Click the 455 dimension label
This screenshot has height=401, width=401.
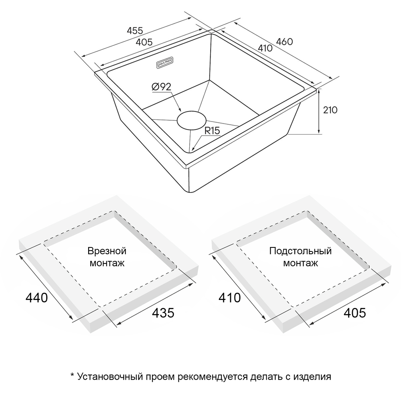(135, 31)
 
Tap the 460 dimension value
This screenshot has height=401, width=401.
(284, 41)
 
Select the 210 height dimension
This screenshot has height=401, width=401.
(330, 110)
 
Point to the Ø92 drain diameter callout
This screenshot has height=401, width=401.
(161, 87)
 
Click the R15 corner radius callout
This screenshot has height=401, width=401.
(212, 131)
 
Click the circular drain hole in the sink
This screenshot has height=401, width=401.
(192, 120)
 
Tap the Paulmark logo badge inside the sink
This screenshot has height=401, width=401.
(165, 63)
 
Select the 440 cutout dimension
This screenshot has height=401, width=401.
(36, 298)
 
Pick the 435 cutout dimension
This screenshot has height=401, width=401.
(163, 313)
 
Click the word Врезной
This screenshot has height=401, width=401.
(107, 251)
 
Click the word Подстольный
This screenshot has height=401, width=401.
(300, 251)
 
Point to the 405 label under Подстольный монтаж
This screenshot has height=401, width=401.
(355, 313)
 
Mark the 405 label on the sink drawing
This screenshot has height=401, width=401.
(144, 42)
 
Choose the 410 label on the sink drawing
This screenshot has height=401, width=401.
(265, 48)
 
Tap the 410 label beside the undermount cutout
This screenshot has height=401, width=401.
(230, 298)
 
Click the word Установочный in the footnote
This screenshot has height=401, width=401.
(110, 377)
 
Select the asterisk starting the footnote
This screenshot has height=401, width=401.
(72, 375)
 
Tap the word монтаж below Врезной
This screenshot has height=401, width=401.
(107, 263)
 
